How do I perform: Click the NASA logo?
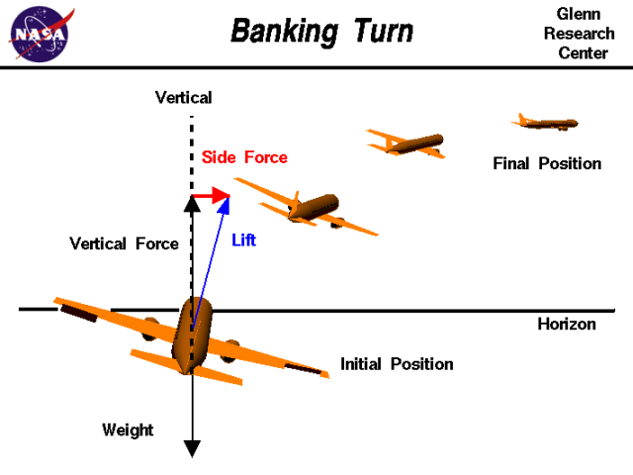pos(40,33)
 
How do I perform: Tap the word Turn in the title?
pos(381,32)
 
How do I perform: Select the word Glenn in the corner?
pos(579,15)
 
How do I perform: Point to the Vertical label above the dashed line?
pos(184,97)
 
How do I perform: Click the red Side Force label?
pos(244,157)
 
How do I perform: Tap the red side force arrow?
pos(211,197)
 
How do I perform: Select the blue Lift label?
pos(243,239)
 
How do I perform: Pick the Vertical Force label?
pos(125,243)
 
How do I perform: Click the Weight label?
pos(128,429)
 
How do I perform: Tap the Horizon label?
pos(567,324)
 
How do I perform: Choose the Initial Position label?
pos(397,364)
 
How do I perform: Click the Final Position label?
pos(547,163)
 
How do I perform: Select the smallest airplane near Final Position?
pos(545,123)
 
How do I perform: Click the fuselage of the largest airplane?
pos(189,336)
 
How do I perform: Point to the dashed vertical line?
pos(191,148)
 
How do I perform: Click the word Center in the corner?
pos(584,53)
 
